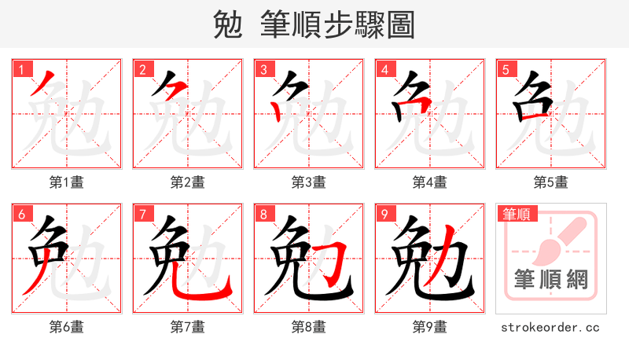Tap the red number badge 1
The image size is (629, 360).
click(20, 70)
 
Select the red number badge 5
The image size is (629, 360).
click(504, 70)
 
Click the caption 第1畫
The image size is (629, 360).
click(66, 182)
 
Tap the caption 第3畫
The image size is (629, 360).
click(308, 182)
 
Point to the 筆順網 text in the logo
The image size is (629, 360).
click(550, 280)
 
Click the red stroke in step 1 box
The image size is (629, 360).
click(44, 83)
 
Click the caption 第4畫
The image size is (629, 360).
click(429, 182)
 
